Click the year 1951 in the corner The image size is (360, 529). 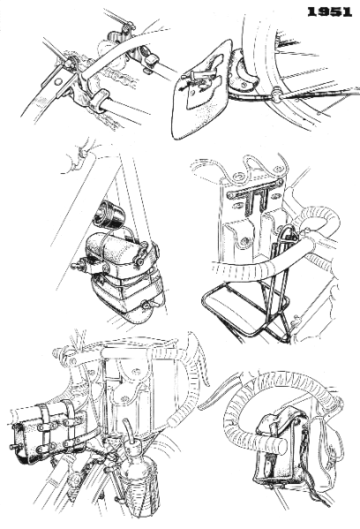pyautogui.click(x=330, y=11)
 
